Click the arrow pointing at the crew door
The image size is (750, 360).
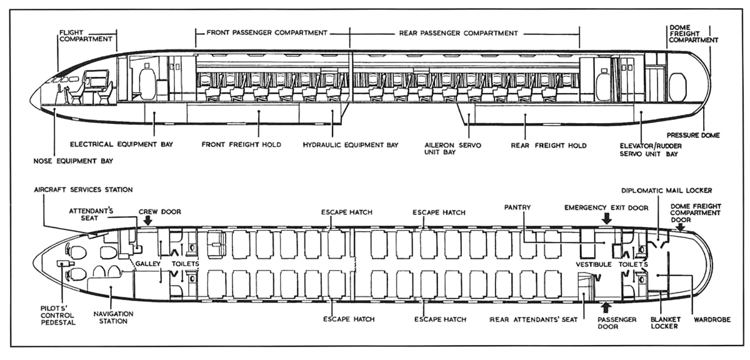[x=147, y=220]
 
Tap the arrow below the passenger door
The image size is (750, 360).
[x=604, y=307]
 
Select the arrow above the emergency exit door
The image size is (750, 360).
[x=605, y=218]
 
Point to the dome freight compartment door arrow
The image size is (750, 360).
[x=680, y=227]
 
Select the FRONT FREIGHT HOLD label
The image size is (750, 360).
[x=241, y=145]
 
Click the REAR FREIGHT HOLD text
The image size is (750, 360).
[x=548, y=145]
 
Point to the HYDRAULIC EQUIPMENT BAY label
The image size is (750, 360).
[x=351, y=145]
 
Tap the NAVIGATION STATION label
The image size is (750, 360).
[x=110, y=317]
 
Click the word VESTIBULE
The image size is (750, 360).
[x=593, y=264]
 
